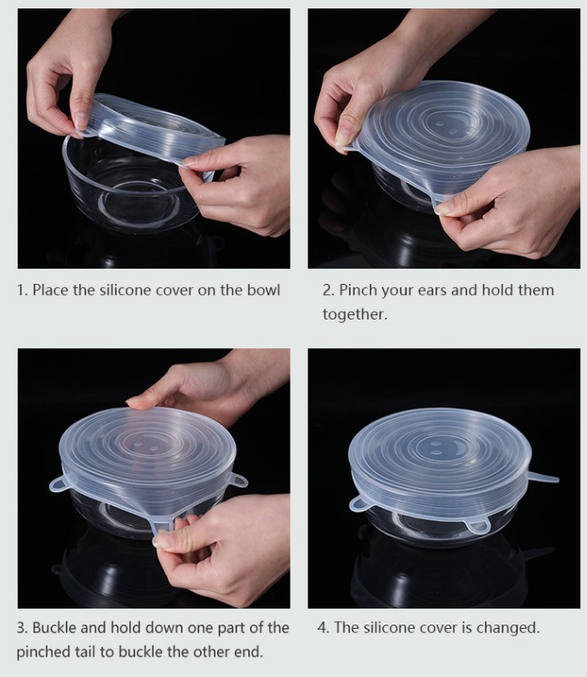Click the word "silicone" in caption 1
(125, 290)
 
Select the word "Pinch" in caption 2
(358, 290)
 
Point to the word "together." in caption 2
(355, 314)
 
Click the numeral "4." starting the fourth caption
(323, 627)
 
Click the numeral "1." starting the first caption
(22, 290)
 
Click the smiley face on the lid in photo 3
(148, 447)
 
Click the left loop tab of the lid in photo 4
(359, 503)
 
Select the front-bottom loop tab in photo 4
(477, 526)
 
